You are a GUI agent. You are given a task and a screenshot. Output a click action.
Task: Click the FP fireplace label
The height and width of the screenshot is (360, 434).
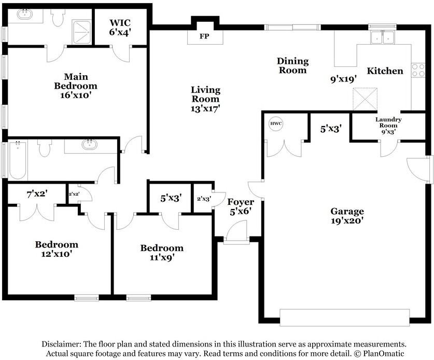[x=205, y=37]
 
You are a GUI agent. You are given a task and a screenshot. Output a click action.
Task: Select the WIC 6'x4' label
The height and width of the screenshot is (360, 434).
[x=120, y=27]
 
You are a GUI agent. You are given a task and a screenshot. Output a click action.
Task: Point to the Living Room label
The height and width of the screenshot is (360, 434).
[x=205, y=99]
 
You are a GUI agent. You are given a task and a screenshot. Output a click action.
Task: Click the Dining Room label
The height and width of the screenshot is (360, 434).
[x=292, y=66]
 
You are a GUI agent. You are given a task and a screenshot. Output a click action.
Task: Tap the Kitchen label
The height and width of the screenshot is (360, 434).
[x=385, y=71]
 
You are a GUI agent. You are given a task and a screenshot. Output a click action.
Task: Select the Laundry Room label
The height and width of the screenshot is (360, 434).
[x=388, y=122]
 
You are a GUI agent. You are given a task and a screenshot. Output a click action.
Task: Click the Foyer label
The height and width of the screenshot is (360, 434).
[x=241, y=202]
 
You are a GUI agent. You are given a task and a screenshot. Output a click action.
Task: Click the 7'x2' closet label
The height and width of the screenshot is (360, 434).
[x=37, y=195]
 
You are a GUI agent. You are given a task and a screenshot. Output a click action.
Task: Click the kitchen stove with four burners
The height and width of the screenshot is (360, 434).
[x=418, y=70]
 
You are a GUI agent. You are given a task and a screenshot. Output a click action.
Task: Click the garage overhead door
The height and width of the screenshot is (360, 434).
[x=345, y=317]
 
